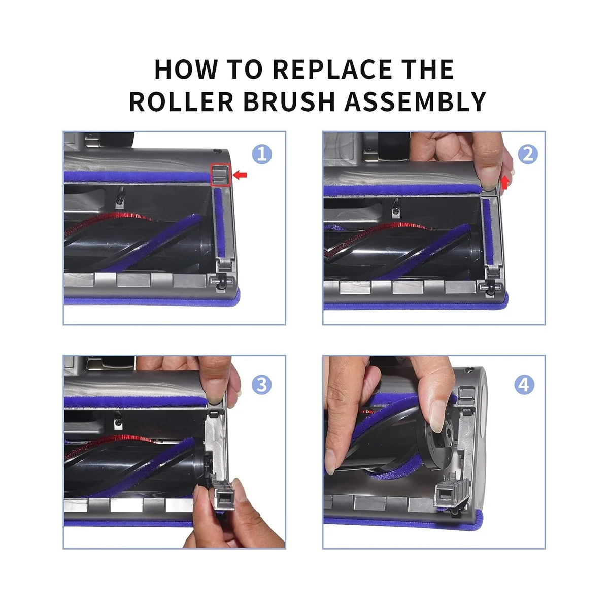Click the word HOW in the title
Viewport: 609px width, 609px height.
point(186,69)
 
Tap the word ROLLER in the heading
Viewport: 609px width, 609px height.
point(181,101)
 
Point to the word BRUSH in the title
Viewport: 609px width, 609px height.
point(289,101)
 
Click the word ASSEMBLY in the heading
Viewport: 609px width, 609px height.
point(415,101)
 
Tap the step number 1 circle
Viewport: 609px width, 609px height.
point(262,154)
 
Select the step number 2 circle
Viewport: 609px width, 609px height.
point(527,154)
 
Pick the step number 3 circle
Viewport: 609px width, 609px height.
point(262,385)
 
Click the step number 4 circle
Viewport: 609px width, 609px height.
point(524,385)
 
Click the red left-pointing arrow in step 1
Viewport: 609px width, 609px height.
point(240,175)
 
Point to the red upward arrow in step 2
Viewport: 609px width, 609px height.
point(505,183)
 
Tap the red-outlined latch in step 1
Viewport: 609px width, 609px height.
point(220,175)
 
